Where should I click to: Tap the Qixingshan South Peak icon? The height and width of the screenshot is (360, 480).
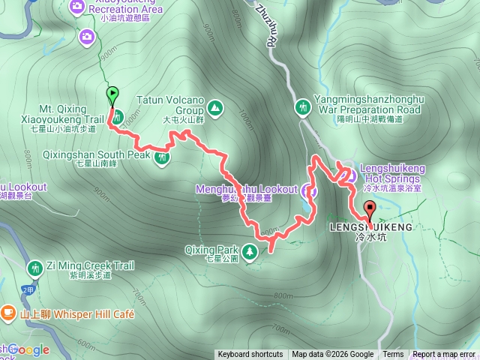(162, 157)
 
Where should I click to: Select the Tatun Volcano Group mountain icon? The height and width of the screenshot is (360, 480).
(215, 108)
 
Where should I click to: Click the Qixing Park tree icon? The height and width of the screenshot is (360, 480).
(249, 250)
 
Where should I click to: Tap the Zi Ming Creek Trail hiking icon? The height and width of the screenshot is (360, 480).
(34, 268)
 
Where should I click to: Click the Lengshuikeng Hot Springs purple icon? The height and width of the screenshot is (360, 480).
(349, 176)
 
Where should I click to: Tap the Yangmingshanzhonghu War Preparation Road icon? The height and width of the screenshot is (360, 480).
(303, 107)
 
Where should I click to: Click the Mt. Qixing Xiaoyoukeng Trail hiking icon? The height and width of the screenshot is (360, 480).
(118, 116)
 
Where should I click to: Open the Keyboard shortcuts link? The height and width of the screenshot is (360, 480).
(250, 355)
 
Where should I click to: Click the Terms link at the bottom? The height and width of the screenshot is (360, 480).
(393, 355)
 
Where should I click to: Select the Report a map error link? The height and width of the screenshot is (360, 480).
(445, 355)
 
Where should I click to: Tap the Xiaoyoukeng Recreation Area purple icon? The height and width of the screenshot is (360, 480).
(77, 7)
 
